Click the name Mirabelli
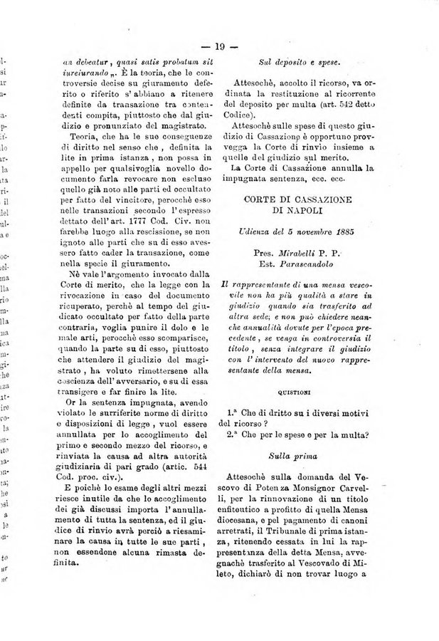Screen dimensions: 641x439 299,256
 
